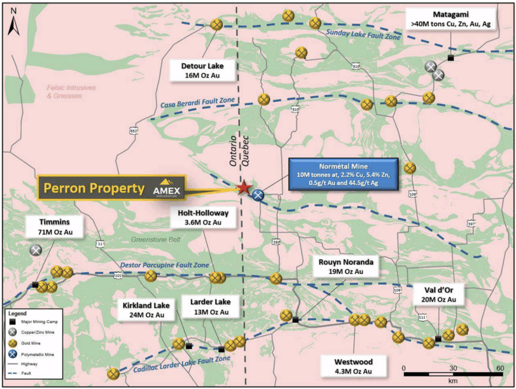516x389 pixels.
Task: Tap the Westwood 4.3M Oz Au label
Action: click(353, 366)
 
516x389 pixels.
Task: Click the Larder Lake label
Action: click(210, 306)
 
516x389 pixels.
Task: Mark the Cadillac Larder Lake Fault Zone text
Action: click(183, 365)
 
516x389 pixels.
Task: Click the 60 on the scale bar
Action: click(500, 367)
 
